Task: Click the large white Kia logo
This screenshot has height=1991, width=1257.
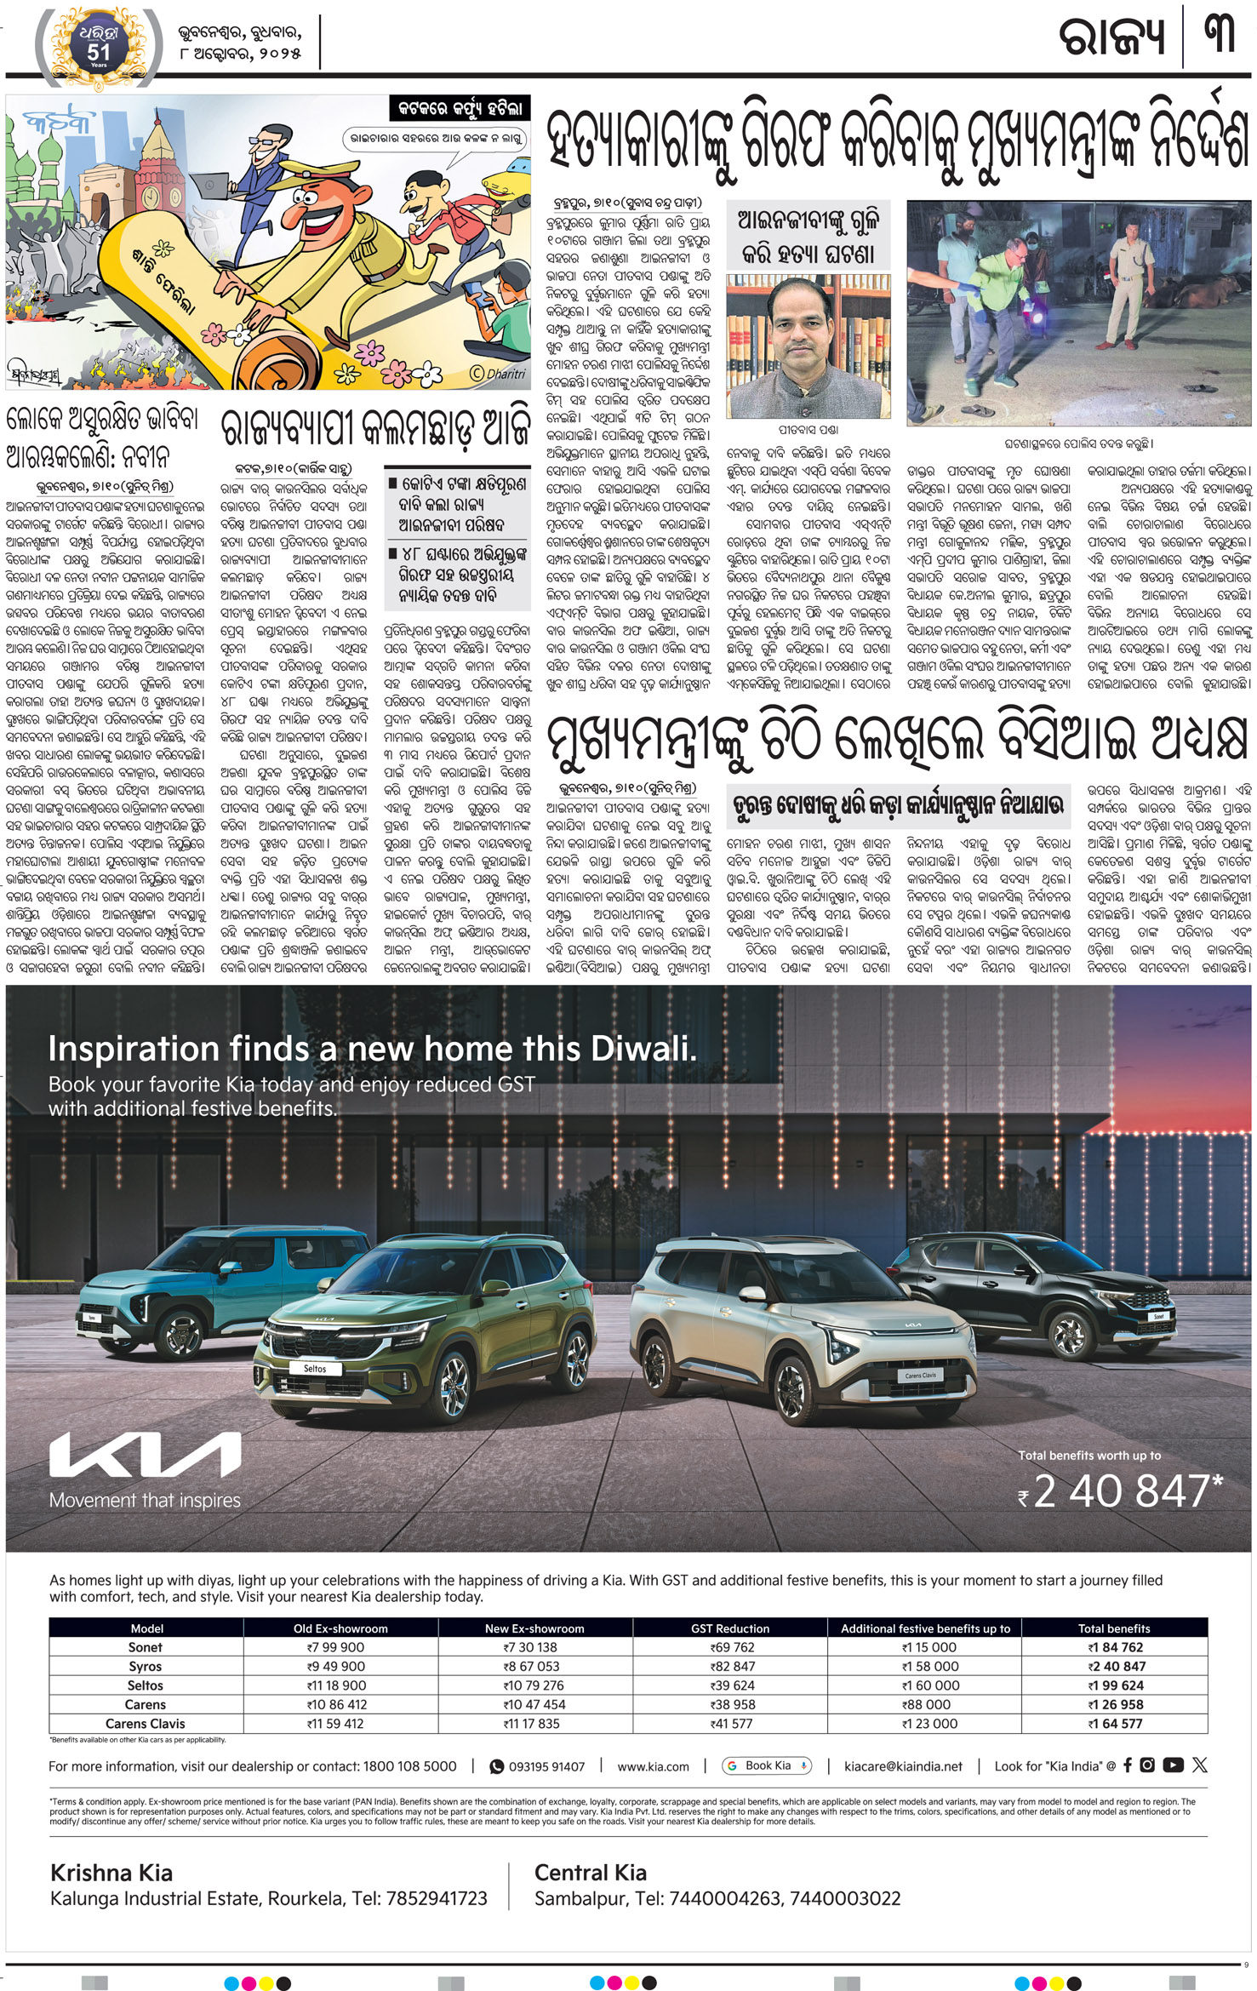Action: pos(145,1455)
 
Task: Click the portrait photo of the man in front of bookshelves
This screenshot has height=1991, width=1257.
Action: pos(808,345)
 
